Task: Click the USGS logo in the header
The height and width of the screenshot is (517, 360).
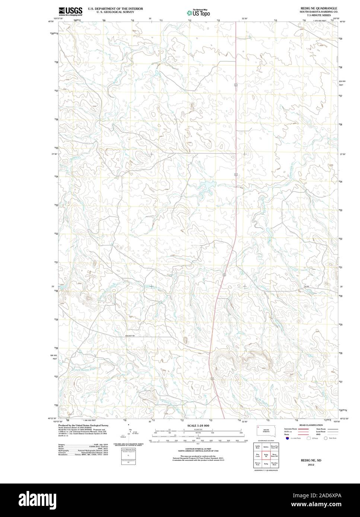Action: pyautogui.click(x=70, y=11)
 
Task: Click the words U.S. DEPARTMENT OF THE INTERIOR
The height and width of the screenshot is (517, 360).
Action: pyautogui.click(x=115, y=8)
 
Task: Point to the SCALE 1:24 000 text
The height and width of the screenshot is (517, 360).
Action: pyautogui.click(x=198, y=426)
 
